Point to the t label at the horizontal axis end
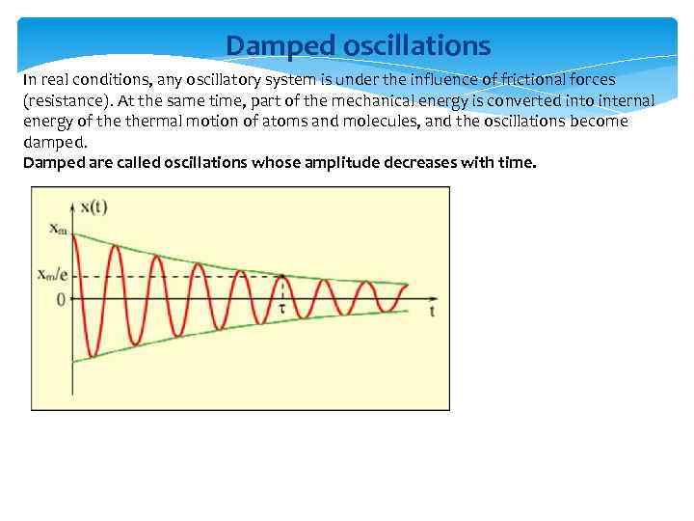[432, 313]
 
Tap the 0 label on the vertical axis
[60, 300]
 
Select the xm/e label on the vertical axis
[52, 274]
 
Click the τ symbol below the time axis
[282, 310]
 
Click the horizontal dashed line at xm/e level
[193, 277]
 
